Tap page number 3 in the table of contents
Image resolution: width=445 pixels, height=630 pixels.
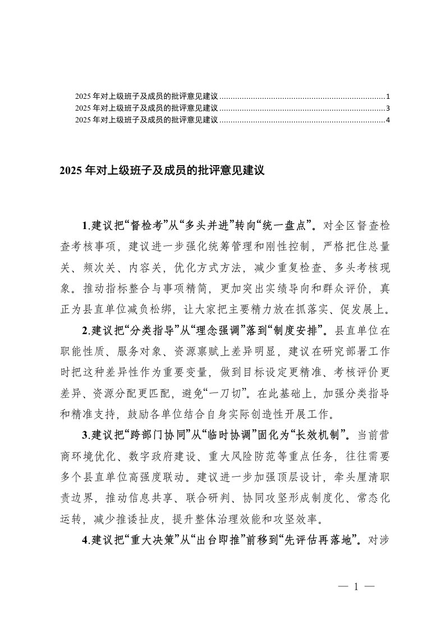coord(388,108)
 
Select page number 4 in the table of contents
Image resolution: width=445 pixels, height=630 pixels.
coord(388,120)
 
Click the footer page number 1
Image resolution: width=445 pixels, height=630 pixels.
coord(356,587)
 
